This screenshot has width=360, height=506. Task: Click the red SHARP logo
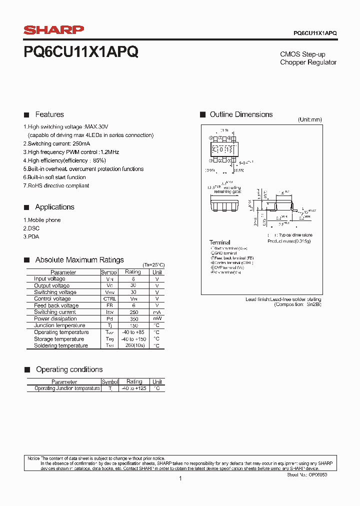tap(54, 30)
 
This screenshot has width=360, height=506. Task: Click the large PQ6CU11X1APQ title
tap(81, 52)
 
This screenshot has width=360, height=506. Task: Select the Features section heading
tap(49, 114)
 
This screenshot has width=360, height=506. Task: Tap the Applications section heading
tap(54, 207)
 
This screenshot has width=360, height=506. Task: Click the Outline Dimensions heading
tap(241, 114)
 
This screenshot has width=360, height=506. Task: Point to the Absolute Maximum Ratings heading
tap(79, 260)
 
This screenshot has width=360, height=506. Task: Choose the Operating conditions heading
tap(69, 369)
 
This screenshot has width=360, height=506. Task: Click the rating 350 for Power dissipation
tap(132, 318)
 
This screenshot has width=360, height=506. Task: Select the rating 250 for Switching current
tap(132, 312)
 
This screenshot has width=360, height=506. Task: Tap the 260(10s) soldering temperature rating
tap(132, 345)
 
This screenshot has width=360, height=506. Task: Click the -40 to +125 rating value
tap(134, 388)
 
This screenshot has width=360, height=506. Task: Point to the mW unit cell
tap(157, 318)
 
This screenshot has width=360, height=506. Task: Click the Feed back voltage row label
tap(56, 305)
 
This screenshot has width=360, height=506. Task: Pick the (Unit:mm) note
tap(309, 120)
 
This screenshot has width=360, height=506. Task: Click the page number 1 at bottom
tap(180, 478)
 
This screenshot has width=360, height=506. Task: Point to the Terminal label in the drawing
tap(220, 242)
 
